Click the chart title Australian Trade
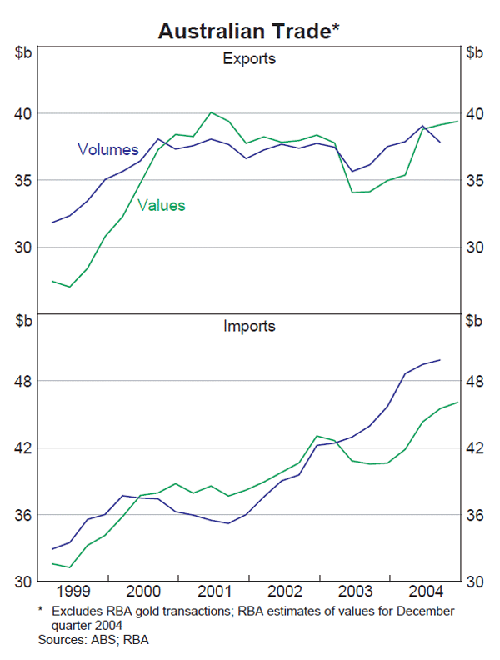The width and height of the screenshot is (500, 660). pos(249,31)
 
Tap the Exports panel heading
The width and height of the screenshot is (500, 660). pos(249,59)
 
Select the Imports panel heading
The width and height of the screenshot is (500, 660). pos(249,326)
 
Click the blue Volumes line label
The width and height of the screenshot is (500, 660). pos(107,150)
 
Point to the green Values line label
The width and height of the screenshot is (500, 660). pos(162,205)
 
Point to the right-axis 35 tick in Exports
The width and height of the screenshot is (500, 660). pos(474,181)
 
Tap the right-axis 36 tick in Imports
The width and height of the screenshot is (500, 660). pos(474,515)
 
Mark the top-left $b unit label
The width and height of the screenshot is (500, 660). pos(22,53)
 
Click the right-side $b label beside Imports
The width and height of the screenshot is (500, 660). pos(474,321)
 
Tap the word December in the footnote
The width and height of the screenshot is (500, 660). pos(424,611)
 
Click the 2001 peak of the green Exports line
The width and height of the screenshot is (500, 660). pos(212,112)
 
